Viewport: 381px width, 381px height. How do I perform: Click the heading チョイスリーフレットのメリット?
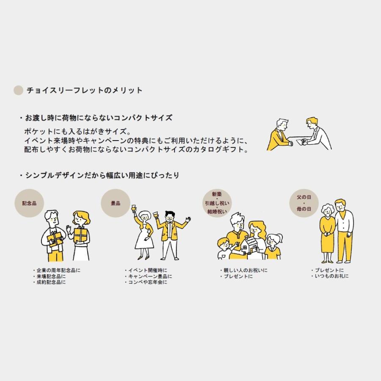click(85, 90)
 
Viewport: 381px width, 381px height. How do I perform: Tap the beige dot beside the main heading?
click(18, 90)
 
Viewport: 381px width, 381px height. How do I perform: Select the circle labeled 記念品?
click(29, 203)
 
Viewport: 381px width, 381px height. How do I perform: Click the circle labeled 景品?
click(115, 203)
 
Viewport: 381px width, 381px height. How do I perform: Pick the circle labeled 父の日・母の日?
click(304, 203)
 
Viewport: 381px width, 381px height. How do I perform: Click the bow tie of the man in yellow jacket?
click(170, 220)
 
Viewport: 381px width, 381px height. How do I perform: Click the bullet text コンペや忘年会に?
click(147, 282)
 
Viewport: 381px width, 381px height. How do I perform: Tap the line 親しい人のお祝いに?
click(245, 271)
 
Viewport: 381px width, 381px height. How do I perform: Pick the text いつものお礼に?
click(331, 276)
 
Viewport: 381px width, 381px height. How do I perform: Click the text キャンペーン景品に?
click(149, 276)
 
